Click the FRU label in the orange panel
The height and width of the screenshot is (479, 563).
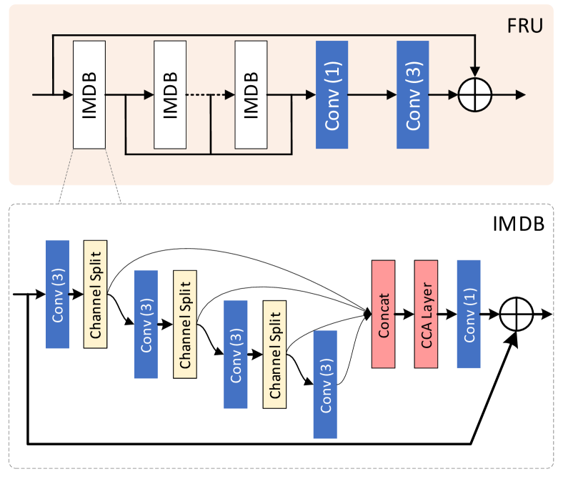pos(524,26)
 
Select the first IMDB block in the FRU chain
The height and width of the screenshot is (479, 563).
pos(89,94)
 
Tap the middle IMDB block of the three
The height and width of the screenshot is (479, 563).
pos(170,94)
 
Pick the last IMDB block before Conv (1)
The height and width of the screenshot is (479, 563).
pos(251,94)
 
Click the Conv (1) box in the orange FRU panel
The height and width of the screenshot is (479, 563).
pos(332,94)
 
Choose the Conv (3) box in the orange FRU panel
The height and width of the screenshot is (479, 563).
pos(412,94)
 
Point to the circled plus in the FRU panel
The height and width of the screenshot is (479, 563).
pos(475,94)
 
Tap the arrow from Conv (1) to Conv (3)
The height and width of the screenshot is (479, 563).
pos(372,94)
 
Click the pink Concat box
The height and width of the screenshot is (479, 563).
pos(384,314)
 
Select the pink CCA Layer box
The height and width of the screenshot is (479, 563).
pos(426,314)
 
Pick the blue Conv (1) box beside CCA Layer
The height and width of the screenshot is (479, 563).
pos(469,314)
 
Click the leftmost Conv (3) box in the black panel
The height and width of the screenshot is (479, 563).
pos(57,294)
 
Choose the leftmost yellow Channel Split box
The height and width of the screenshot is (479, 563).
pos(95,294)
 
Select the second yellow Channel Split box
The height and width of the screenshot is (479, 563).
pos(184,324)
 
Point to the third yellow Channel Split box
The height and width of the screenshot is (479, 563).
pos(274,354)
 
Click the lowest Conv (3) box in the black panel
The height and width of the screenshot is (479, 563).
pos(325,385)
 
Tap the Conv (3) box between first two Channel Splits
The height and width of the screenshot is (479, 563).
pos(146,324)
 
